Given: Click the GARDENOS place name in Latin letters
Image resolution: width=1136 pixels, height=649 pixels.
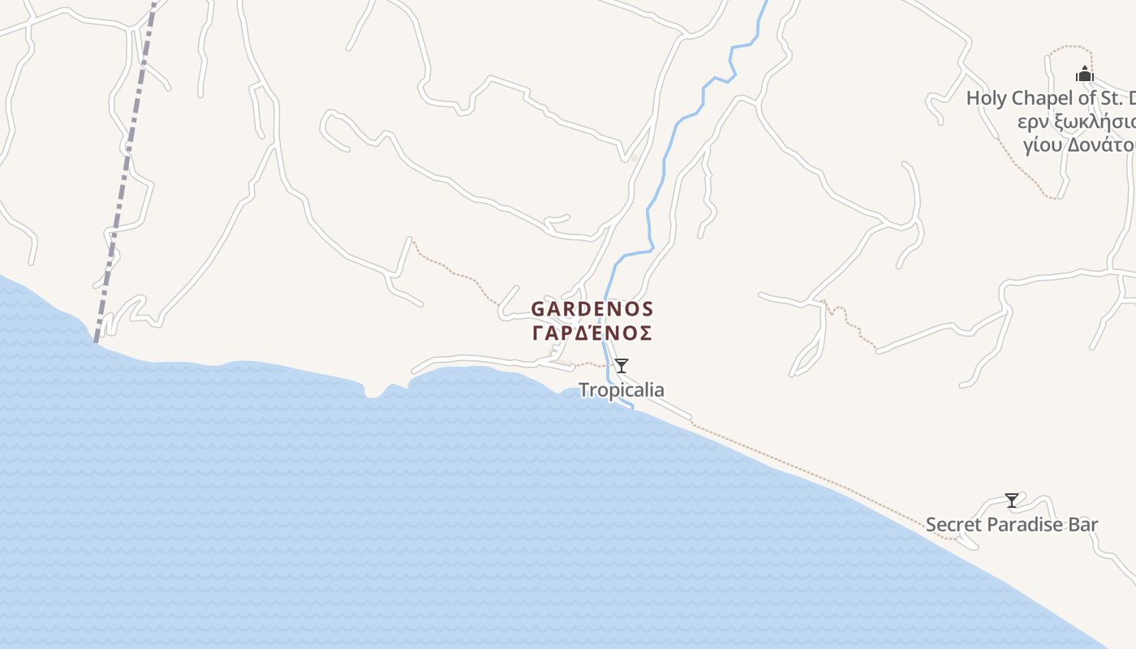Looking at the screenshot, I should [x=592, y=309].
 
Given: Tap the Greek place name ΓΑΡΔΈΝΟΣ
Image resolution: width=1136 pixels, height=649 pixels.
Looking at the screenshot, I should [x=592, y=333].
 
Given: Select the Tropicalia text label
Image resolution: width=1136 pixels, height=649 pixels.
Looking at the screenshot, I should [x=621, y=390].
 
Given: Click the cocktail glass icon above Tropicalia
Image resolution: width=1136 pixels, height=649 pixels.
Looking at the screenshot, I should [x=622, y=366].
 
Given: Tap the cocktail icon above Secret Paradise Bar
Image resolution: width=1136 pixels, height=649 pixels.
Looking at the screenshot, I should [x=1012, y=501].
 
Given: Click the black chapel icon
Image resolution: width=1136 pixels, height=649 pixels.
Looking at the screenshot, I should [x=1085, y=75].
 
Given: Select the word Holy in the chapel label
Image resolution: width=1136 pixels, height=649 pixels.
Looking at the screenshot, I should [x=986, y=99].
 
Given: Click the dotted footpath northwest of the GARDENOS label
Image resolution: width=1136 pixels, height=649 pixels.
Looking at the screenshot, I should [x=454, y=273].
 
